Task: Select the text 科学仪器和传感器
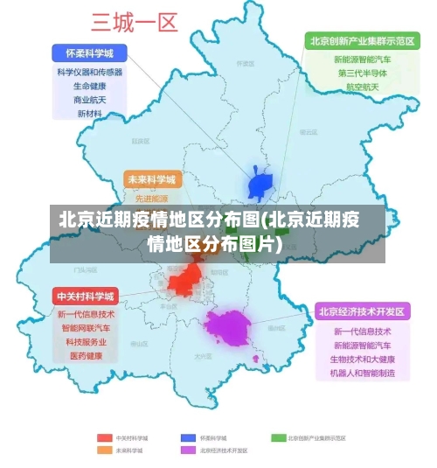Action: (x=89, y=73)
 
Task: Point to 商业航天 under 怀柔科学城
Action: (x=89, y=101)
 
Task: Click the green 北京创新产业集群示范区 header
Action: (x=359, y=41)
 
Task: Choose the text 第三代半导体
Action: (x=359, y=73)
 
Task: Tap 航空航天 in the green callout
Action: (x=359, y=87)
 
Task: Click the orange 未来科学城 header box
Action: (x=152, y=180)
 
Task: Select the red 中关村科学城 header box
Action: (x=85, y=296)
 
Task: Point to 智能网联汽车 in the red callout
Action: (x=85, y=328)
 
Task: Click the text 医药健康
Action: (x=85, y=356)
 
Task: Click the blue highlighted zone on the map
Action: (x=260, y=185)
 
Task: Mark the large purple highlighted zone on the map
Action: (x=227, y=328)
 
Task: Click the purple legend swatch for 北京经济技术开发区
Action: (x=188, y=450)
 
